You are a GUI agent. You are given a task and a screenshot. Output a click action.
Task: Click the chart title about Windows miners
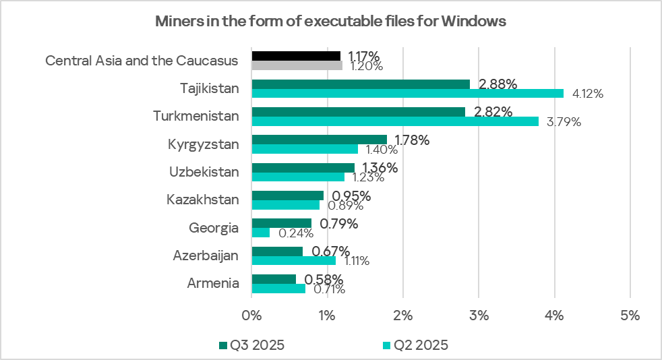pos(330,21)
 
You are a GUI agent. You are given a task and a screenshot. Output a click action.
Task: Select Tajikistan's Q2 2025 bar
pos(407,93)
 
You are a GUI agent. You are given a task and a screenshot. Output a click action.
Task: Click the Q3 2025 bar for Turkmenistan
pos(358,111)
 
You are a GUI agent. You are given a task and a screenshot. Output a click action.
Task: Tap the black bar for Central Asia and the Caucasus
pos(296,55)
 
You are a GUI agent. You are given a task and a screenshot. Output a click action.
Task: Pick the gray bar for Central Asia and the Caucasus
pos(297,65)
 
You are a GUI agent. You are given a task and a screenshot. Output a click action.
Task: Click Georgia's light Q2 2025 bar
pos(260,233)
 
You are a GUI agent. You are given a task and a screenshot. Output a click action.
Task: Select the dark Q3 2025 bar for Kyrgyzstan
pos(319,140)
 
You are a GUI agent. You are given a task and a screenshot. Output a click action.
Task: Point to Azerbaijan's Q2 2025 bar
pos(293,260)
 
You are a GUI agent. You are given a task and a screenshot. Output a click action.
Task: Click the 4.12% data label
pos(587,94)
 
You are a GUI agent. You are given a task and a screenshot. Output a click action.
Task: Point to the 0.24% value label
pos(295,234)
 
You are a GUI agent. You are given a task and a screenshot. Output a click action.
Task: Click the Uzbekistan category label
pos(204,171)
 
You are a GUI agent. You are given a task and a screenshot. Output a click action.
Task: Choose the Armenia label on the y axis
pos(213,283)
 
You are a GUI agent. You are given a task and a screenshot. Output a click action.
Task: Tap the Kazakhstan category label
pos(203,200)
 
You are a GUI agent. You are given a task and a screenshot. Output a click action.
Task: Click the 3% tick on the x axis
pos(478,314)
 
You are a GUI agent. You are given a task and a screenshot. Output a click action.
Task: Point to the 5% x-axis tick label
pos(630,314)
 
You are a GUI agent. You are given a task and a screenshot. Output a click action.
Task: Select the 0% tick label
pos(251,314)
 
